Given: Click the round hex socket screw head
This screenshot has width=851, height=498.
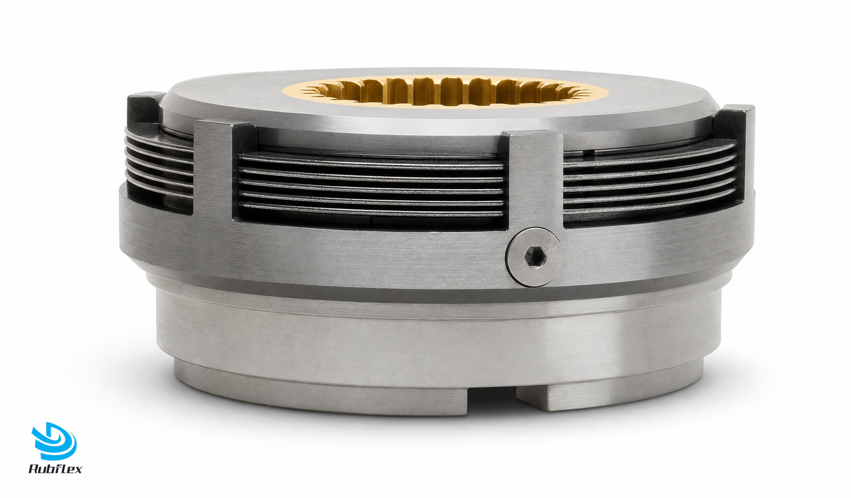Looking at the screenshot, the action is (534, 258).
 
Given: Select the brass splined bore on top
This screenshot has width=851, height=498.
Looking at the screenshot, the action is (446, 92).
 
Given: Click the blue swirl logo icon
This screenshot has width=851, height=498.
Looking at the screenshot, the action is (54, 441).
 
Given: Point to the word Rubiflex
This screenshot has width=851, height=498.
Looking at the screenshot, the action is (56, 469).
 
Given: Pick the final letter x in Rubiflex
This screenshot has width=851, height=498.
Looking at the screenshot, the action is (77, 470).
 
